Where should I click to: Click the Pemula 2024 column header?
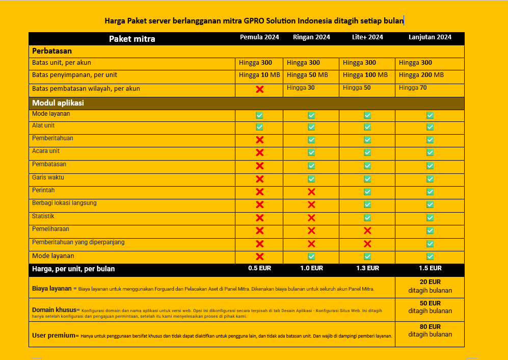[x=259, y=37]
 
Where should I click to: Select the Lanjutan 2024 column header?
[x=430, y=37]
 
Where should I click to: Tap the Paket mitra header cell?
[x=132, y=39]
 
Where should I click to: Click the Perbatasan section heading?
[x=52, y=51]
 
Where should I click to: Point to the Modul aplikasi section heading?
[x=58, y=103]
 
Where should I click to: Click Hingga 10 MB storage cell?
[x=259, y=75]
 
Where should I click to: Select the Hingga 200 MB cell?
[x=421, y=75]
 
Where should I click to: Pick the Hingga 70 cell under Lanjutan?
[x=413, y=88]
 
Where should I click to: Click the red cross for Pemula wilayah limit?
[x=259, y=89]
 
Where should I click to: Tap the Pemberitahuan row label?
[x=52, y=138]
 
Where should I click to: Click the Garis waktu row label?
[x=48, y=177]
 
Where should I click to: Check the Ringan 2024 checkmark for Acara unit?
[x=311, y=152]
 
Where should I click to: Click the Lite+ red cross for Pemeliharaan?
[x=367, y=230]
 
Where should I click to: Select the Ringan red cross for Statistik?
[x=311, y=218]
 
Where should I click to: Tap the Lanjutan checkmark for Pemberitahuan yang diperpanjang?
[x=430, y=244]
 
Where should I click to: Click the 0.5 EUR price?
[x=259, y=268]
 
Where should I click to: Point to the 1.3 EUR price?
[x=367, y=268]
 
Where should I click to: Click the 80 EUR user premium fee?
[x=430, y=327]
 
